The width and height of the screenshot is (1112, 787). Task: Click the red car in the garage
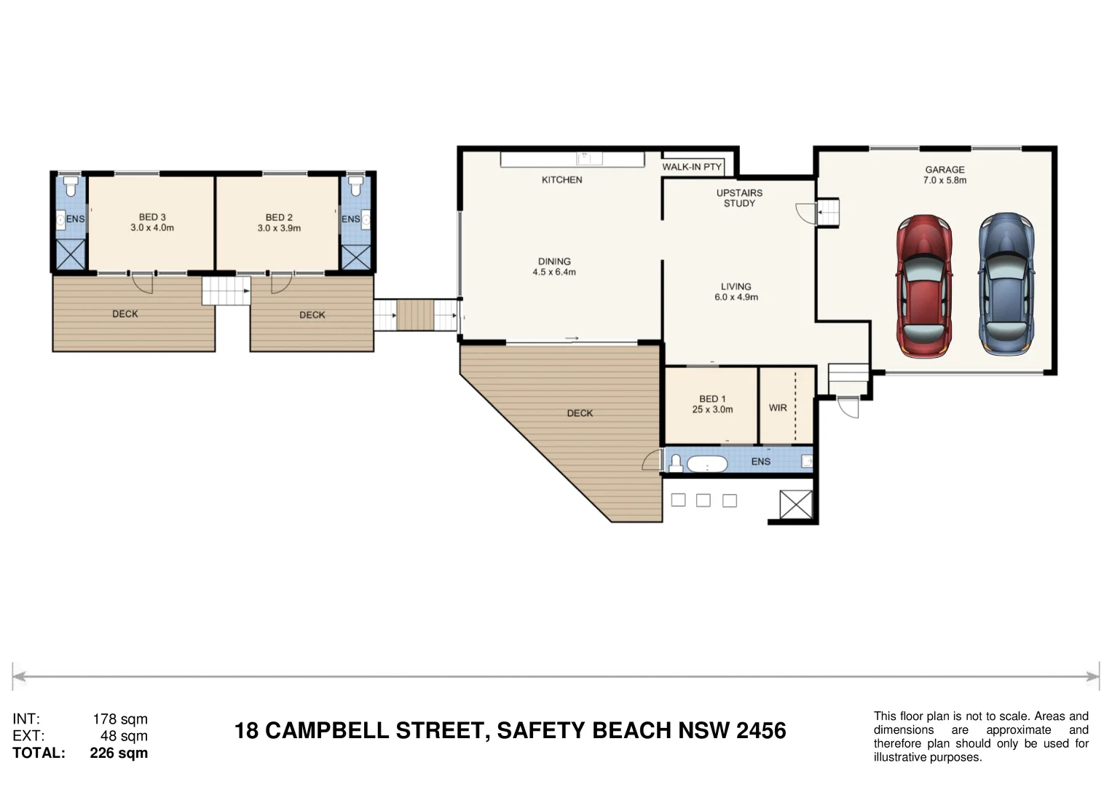coord(924,286)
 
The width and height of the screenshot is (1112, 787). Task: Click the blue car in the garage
coord(1006,284)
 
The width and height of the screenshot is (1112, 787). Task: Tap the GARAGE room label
coord(945,170)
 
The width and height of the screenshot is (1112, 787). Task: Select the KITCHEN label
coord(561,180)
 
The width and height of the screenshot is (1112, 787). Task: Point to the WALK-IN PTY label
coord(692,167)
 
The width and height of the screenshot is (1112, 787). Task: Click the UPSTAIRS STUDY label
coord(739,197)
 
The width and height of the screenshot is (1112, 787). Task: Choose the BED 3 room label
coord(152,217)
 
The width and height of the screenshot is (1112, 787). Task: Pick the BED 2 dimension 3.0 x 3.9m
coord(279,228)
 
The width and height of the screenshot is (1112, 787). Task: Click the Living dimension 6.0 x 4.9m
coord(736,297)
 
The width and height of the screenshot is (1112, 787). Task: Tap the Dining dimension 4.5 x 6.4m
coord(554,272)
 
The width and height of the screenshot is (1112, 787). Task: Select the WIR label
coord(778,408)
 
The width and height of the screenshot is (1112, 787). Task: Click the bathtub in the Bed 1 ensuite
coord(707,464)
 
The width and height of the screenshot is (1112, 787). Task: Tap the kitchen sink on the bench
coord(589,159)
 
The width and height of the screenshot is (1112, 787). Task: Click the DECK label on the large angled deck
coord(580,413)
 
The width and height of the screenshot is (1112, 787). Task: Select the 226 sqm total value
coord(119,753)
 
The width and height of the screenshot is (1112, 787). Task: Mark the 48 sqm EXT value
coord(124,736)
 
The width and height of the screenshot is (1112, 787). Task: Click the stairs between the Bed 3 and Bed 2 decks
coord(226,291)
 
